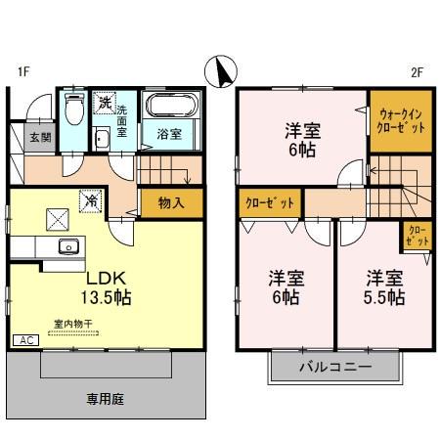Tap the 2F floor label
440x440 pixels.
tap(416, 71)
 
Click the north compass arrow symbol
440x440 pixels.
tap(222, 70)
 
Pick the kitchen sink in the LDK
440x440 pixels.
tap(67, 245)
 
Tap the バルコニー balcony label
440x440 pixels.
tap(336, 369)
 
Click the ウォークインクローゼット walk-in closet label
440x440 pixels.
tap(399, 120)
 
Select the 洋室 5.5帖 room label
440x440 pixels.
tap(381, 286)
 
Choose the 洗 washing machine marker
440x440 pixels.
tap(104, 102)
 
